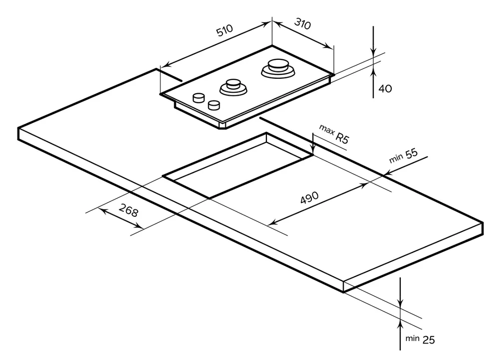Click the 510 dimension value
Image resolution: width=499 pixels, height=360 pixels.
[225, 31]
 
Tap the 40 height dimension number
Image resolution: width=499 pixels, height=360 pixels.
[385, 89]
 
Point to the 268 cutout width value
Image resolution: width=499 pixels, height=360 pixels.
[129, 211]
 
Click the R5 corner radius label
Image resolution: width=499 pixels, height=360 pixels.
[342, 138]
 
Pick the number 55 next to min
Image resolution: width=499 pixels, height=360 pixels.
[411, 154]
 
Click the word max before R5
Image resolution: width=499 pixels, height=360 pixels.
[327, 130]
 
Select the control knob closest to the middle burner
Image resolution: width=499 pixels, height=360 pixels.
[215, 105]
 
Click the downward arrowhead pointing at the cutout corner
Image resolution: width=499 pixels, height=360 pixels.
[312, 149]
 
